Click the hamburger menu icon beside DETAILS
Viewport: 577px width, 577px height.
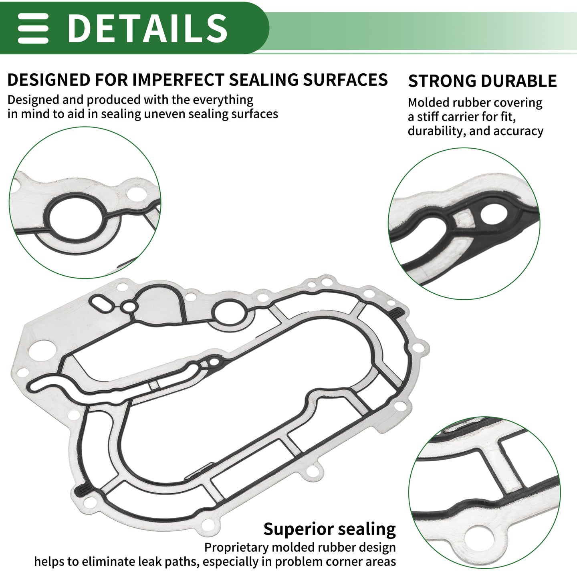[33, 28]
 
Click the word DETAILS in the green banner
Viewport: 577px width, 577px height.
[147, 28]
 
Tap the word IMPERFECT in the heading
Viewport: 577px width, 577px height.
[178, 80]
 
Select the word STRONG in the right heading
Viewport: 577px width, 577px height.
[440, 81]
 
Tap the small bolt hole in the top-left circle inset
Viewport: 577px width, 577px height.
[137, 194]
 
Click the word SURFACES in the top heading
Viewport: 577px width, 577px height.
[345, 80]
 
